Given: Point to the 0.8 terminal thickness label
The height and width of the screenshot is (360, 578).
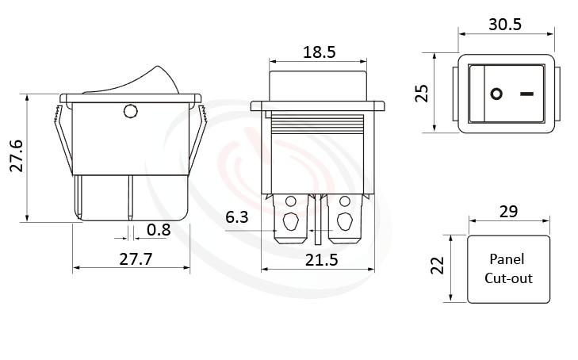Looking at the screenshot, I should point(159,230).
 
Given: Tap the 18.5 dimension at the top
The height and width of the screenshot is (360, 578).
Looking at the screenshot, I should point(319,52).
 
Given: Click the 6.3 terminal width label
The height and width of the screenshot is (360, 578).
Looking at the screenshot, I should point(236,217).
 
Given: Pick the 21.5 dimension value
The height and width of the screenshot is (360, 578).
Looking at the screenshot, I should point(321,259).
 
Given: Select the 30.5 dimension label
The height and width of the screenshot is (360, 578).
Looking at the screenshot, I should point(504,24).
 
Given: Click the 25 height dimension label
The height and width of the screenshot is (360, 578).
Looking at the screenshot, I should point(423,93).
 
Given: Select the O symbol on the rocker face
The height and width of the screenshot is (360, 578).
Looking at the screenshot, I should point(496,94).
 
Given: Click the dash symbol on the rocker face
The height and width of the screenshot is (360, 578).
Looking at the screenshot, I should point(526,94).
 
